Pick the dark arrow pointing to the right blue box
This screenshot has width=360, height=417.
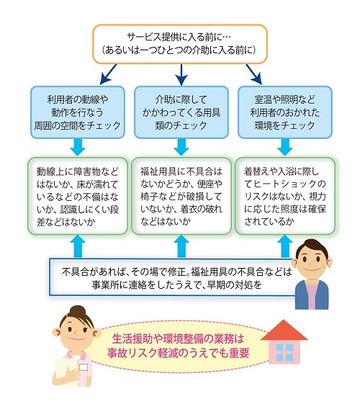[253, 74]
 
